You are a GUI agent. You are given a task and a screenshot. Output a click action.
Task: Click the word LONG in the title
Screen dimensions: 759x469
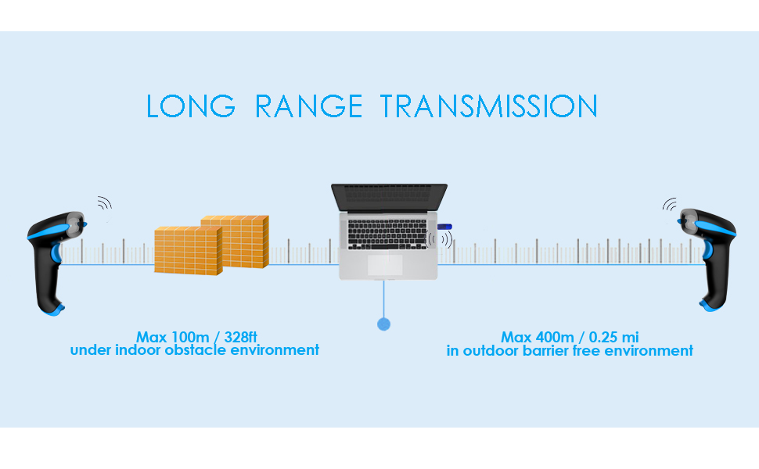tap(191, 106)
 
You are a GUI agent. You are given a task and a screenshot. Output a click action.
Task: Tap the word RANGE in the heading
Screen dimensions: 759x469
tap(308, 106)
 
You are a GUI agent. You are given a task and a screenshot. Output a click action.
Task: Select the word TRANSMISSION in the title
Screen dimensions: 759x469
tap(488, 106)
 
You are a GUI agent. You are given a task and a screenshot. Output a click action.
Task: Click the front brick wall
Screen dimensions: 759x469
tap(188, 251)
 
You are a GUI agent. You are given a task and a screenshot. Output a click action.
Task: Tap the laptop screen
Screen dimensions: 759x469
tap(389, 196)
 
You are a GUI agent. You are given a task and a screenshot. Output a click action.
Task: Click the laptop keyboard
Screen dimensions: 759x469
tap(387, 234)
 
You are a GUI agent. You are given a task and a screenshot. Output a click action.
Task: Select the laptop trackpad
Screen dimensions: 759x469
tap(385, 265)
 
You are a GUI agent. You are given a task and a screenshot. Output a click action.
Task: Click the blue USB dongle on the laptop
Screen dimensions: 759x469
tap(444, 227)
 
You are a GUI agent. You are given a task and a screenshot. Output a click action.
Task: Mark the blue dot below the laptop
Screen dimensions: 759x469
tap(384, 324)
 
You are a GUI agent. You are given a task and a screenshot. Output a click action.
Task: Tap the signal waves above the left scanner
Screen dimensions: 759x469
tap(105, 203)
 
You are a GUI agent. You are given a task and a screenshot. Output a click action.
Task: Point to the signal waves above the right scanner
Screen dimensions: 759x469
tap(670, 205)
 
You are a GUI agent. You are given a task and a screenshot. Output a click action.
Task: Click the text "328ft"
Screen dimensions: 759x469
tap(240, 337)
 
